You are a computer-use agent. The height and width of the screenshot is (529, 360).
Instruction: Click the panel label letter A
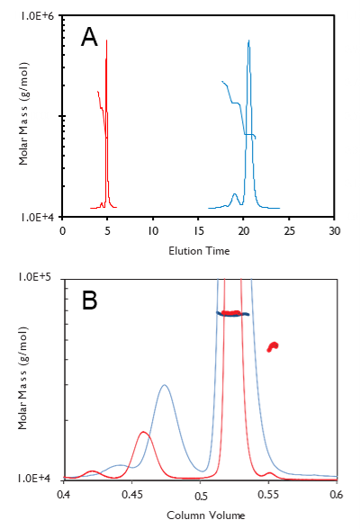coord(89,37)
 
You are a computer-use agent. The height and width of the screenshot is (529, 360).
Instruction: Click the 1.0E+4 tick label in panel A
coord(40,217)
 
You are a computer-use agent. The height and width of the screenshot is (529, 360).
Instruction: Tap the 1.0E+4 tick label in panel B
coord(40,479)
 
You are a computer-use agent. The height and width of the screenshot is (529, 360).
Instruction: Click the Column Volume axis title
coord(199,516)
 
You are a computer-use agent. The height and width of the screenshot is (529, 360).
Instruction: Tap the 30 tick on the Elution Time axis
coord(335,231)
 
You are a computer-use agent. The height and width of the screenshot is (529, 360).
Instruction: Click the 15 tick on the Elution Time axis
coord(198,231)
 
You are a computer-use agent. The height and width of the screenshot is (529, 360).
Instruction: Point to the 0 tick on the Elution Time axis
coord(62,231)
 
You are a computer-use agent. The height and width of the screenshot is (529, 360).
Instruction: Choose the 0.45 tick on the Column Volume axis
coord(131,494)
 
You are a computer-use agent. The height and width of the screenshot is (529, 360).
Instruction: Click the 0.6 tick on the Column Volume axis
coord(336,494)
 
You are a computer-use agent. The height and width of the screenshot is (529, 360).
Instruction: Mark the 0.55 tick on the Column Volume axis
coord(267,494)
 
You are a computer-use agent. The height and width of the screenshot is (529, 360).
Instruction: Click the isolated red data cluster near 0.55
coord(273,346)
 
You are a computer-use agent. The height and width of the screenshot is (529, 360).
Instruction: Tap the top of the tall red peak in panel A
coord(107,40)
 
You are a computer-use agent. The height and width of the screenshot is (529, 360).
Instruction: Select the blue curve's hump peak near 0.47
coord(164,386)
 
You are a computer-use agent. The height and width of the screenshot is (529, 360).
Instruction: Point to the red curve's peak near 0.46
coord(143,433)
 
